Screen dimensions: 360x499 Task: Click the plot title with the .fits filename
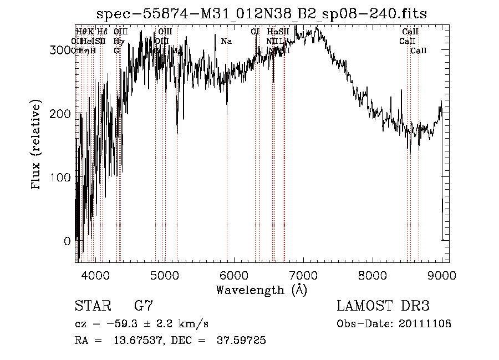click(261, 13)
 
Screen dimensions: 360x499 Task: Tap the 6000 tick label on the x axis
click(233, 275)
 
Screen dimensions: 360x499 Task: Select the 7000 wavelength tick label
click(303, 275)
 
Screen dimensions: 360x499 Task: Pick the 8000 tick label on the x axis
click(373, 275)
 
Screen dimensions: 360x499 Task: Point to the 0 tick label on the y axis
click(67, 241)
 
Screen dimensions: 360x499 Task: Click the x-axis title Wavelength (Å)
click(261, 290)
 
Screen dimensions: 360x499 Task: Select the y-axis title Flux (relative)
click(37, 146)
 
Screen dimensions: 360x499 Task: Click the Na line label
click(226, 41)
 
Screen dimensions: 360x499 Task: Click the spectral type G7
click(144, 306)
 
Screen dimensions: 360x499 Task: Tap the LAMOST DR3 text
click(383, 306)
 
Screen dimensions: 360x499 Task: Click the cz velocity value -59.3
click(111, 324)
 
